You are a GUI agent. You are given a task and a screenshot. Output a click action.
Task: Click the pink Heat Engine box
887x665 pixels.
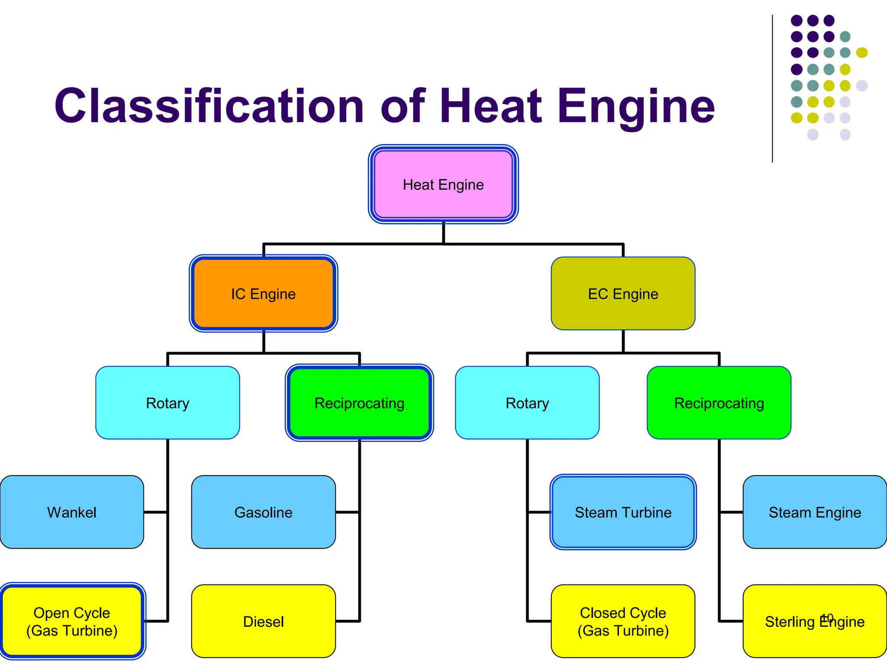click(443, 184)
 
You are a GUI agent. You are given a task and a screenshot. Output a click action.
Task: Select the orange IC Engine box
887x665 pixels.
click(263, 294)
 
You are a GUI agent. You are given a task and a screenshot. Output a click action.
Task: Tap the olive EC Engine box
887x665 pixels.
click(623, 294)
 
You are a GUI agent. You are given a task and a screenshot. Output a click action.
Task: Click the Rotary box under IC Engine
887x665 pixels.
click(168, 403)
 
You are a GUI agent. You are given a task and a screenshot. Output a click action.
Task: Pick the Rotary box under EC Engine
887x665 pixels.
click(527, 403)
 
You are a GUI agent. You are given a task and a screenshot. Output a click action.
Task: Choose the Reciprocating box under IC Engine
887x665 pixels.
click(359, 403)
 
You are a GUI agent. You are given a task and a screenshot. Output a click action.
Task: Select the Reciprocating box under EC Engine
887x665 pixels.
click(719, 403)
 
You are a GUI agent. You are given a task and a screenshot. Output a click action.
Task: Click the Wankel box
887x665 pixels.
click(72, 512)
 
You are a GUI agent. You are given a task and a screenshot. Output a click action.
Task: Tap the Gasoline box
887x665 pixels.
click(263, 512)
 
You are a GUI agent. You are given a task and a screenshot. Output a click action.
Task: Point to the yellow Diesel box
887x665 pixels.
click(263, 621)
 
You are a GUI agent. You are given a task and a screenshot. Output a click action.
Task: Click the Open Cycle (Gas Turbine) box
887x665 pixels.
click(72, 621)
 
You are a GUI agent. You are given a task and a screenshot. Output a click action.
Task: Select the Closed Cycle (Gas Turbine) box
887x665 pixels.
click(623, 621)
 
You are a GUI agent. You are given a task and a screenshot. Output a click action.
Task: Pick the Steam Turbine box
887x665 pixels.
click(623, 512)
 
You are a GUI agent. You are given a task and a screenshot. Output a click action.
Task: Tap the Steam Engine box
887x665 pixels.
click(815, 512)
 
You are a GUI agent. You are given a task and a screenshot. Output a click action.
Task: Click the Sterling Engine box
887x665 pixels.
click(815, 621)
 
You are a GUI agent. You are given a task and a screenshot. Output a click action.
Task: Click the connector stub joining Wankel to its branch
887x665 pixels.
click(155, 512)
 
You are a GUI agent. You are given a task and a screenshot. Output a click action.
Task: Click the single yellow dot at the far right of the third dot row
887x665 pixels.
click(862, 53)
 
